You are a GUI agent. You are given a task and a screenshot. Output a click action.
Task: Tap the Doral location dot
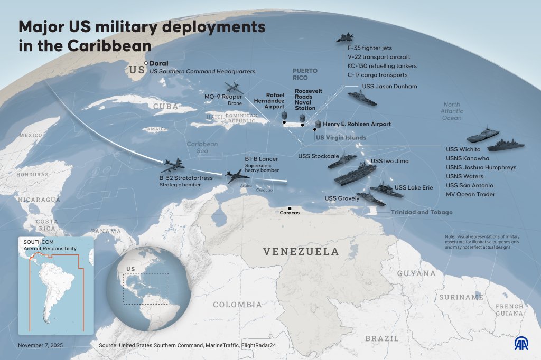[x=146, y=63]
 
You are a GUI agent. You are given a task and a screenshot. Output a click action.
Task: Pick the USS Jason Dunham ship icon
[x=362, y=99]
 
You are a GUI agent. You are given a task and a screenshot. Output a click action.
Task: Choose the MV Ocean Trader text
[x=470, y=194]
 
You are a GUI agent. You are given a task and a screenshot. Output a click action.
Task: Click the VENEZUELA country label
[x=301, y=251]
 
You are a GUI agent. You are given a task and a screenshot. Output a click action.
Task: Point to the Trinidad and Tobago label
[x=422, y=212]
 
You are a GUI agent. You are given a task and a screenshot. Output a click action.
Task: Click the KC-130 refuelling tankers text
[x=382, y=66]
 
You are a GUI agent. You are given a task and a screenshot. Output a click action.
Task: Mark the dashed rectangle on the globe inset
[x=146, y=289]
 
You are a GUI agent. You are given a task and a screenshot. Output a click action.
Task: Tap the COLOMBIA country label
[x=237, y=305]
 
